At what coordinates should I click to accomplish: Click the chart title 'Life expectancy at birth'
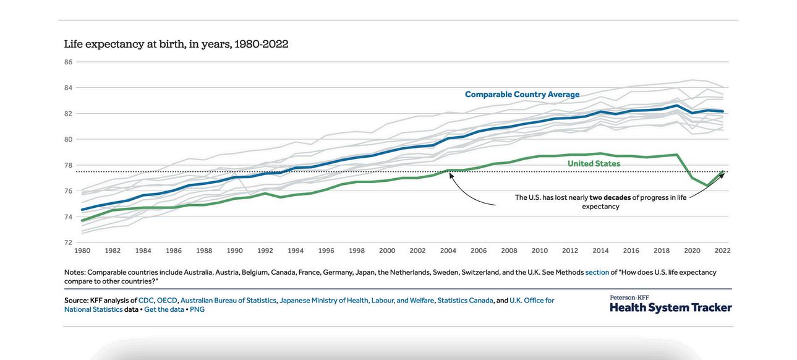176,44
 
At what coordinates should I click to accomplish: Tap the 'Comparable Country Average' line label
522,95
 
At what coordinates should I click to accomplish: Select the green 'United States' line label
594,164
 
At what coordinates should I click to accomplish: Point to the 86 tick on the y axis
68,62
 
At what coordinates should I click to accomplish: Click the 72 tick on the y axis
68,242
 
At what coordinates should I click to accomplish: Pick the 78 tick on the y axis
68,165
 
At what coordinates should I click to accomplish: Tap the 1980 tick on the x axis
82,251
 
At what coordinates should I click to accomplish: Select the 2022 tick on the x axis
722,251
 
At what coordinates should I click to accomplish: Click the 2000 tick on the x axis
387,251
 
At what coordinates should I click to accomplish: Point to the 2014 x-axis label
600,251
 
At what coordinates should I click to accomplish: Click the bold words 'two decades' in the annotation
610,197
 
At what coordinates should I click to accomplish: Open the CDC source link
146,301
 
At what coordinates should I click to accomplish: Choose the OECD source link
167,301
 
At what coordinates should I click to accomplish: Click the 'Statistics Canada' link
465,301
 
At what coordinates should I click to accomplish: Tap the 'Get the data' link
164,309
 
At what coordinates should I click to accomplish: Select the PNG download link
197,309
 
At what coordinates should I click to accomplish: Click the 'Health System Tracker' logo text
670,307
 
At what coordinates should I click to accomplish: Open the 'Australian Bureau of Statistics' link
228,301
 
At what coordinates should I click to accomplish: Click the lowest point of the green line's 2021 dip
707,185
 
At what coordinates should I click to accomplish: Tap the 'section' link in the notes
597,272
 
